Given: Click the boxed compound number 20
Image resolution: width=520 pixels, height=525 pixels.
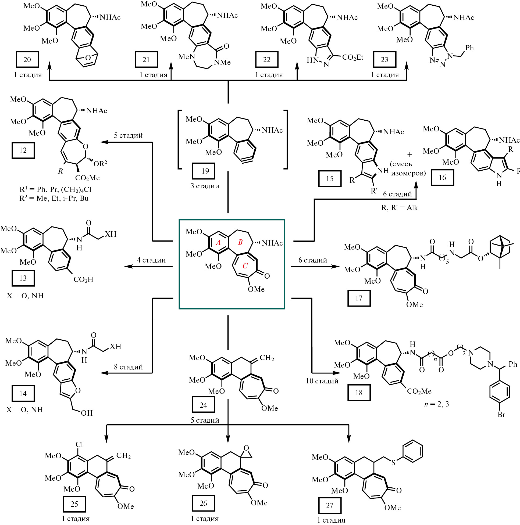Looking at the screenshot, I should pyautogui.click(x=27, y=59).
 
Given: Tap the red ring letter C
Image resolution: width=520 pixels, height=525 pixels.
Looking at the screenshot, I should pyautogui.click(x=245, y=266).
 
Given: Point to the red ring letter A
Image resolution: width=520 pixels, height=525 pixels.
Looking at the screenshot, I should pyautogui.click(x=218, y=242).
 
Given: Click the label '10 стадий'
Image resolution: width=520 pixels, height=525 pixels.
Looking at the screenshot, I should pyautogui.click(x=322, y=381).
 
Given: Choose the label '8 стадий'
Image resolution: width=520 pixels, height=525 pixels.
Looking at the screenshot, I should pyautogui.click(x=128, y=367).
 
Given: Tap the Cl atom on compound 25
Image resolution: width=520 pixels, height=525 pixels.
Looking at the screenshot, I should pyautogui.click(x=79, y=445).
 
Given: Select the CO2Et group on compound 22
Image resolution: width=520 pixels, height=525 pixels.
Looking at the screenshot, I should pyautogui.click(x=352, y=57).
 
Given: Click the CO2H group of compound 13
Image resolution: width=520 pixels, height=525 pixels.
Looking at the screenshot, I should pyautogui.click(x=83, y=279).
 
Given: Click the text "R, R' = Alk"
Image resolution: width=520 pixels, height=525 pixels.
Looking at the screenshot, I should pyautogui.click(x=399, y=208).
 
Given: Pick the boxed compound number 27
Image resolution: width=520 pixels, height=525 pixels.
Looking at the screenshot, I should pyautogui.click(x=329, y=505).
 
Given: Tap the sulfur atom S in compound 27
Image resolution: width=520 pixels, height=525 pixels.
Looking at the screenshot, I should pyautogui.click(x=393, y=463).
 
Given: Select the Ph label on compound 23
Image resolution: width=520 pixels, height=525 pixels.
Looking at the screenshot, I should pyautogui.click(x=469, y=48).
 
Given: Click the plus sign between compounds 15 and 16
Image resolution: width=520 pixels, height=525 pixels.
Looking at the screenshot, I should pyautogui.click(x=409, y=154).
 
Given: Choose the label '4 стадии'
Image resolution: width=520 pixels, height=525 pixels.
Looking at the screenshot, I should pyautogui.click(x=151, y=260).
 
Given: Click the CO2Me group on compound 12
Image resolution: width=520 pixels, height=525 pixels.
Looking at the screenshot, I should pyautogui.click(x=87, y=178).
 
